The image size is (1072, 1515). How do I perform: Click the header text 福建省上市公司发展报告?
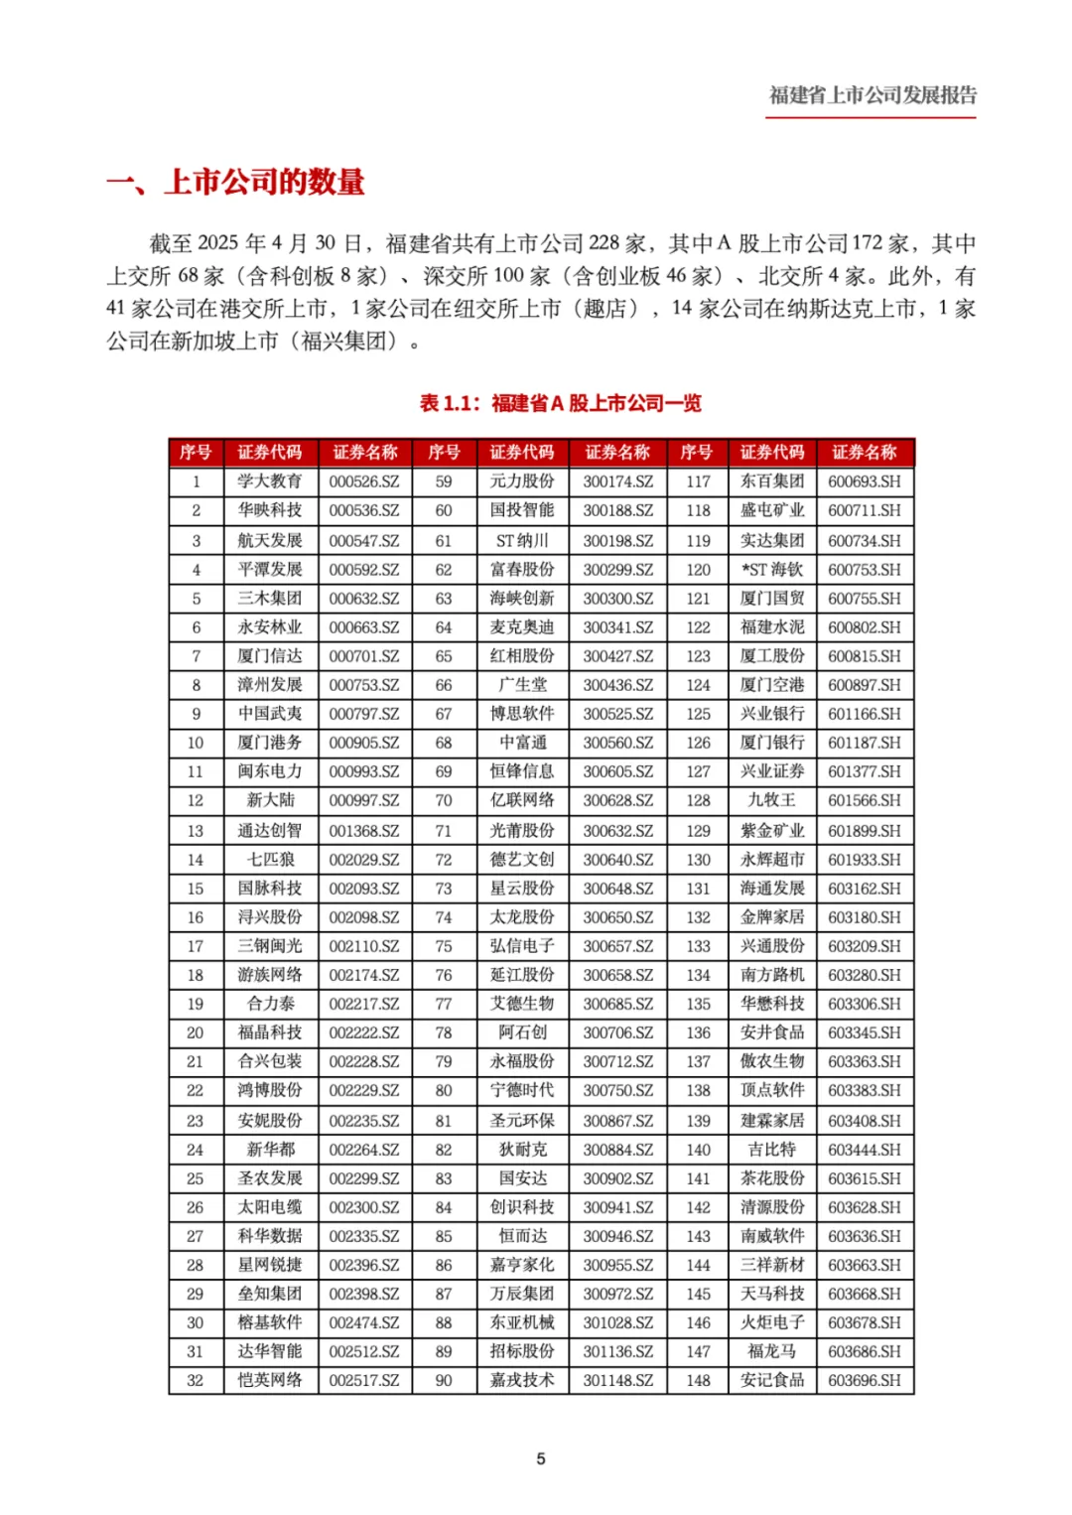coord(871,95)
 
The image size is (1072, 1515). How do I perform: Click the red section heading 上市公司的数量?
coord(265,182)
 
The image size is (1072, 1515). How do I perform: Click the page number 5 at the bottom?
coord(541,1458)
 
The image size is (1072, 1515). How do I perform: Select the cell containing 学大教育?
coord(270,482)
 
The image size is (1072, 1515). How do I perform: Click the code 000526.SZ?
coord(364,482)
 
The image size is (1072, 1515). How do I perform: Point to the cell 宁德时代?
coord(522,1090)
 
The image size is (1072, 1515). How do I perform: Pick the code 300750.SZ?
coord(617,1090)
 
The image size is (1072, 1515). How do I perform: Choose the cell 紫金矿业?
coord(772,830)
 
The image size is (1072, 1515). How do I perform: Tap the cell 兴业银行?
coord(772,714)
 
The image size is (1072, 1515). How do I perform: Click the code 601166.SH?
coord(865,714)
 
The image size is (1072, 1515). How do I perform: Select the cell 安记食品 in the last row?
coord(772,1380)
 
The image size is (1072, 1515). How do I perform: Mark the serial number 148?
coord(698,1380)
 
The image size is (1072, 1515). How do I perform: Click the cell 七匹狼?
coord(270,859)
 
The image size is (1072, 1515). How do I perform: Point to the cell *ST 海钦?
coord(772,570)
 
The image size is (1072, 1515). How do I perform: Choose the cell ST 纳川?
coord(522,541)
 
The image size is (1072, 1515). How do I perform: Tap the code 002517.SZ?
coord(364,1380)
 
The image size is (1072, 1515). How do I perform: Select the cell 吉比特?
coord(772,1150)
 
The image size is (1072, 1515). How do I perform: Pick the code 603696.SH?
coord(865,1380)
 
